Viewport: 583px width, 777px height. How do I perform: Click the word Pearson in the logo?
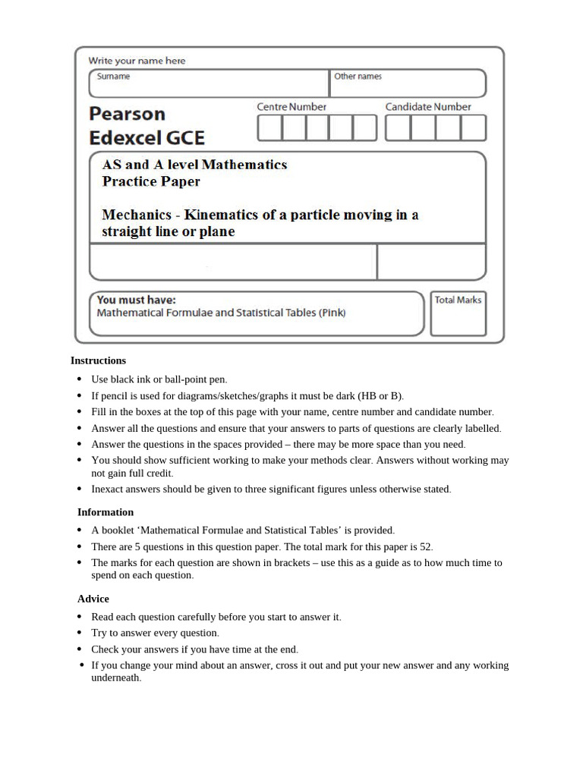tap(127, 114)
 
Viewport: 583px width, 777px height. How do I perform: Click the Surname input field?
tap(209, 83)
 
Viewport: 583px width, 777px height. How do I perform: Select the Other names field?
tap(408, 83)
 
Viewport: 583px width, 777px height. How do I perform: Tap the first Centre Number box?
tap(269, 128)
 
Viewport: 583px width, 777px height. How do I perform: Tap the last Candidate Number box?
tap(473, 128)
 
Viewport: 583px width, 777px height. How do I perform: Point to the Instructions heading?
tap(99, 360)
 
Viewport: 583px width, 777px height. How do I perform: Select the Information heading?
tap(106, 512)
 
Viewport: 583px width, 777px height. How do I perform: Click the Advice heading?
tap(93, 599)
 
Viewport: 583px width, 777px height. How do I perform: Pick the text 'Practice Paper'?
tap(151, 181)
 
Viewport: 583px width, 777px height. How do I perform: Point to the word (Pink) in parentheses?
tap(332, 313)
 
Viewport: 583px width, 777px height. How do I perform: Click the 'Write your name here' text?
tap(137, 61)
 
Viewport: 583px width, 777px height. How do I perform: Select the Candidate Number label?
tap(428, 107)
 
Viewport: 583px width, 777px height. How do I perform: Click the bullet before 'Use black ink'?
tap(80, 379)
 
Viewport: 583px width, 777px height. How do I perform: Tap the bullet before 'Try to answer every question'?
tap(80, 633)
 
